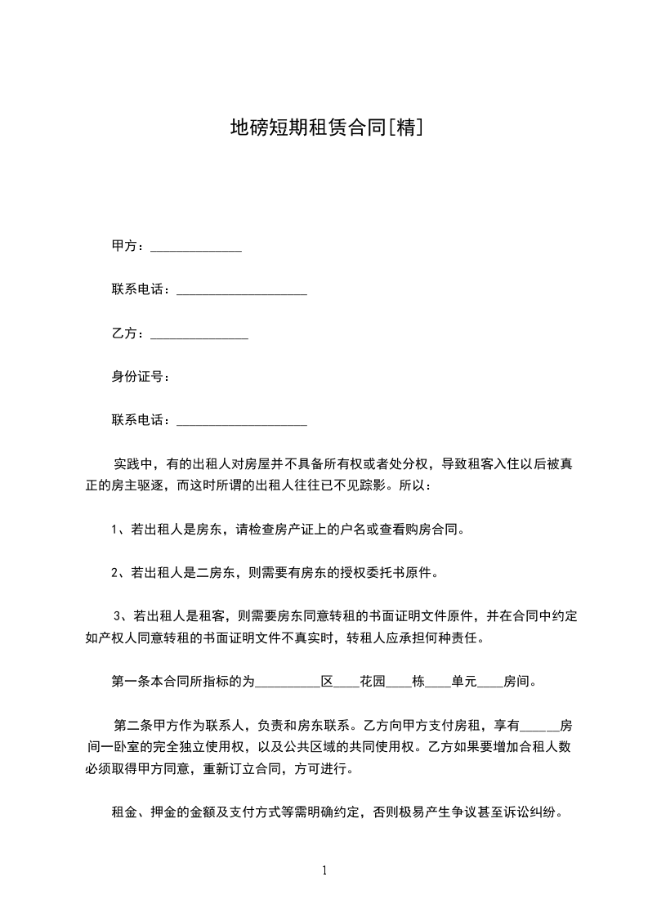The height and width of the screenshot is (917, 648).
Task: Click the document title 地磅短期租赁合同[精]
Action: click(x=325, y=127)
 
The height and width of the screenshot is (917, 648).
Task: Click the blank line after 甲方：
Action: click(x=196, y=248)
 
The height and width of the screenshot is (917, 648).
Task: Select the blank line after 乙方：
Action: click(x=199, y=334)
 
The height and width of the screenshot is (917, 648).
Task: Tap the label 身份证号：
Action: click(x=141, y=377)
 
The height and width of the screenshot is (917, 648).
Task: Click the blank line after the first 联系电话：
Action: click(x=242, y=291)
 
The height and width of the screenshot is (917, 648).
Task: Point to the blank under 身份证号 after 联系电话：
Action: click(x=242, y=422)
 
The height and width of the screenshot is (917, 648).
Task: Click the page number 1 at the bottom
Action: click(x=324, y=870)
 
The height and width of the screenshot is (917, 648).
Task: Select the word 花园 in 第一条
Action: click(x=372, y=681)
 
